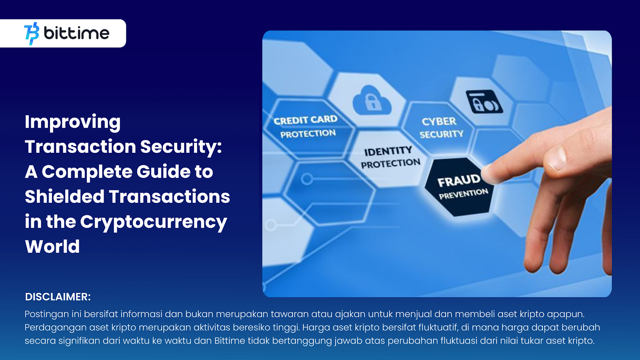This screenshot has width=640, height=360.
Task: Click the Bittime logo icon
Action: [x=32, y=34]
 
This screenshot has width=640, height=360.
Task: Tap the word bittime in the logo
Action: [x=76, y=33]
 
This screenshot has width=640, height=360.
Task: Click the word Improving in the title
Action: [x=72, y=122]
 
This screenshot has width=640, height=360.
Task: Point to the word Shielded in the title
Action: [x=64, y=196]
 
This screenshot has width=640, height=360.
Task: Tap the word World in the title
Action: [x=52, y=246]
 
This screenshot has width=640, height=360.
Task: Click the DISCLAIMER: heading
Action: [x=58, y=297]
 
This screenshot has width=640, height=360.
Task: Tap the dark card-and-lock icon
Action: [x=484, y=102]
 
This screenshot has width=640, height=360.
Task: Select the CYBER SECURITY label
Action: [x=440, y=128]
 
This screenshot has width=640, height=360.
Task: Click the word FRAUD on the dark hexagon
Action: [x=458, y=180]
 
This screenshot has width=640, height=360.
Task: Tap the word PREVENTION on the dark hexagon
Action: [x=463, y=194]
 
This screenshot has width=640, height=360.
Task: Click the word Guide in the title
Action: [x=162, y=172]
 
